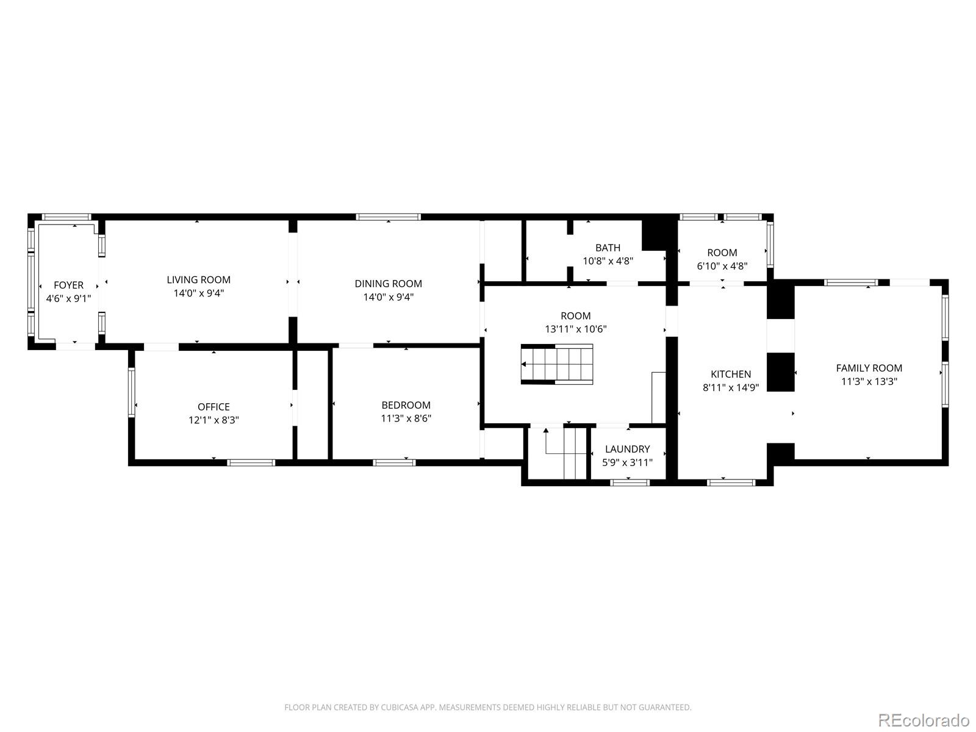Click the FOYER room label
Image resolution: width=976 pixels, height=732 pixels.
[68, 285]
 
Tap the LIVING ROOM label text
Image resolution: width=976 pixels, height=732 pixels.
[198, 279]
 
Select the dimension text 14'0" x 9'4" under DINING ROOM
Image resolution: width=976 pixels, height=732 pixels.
[389, 297]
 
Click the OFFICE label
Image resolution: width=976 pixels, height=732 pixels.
[213, 406]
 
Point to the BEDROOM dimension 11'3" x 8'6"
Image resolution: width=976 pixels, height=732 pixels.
[406, 418]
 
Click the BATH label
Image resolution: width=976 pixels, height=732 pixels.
[608, 247]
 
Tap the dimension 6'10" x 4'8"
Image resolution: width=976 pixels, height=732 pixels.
[722, 266]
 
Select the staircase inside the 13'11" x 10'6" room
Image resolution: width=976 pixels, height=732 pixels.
[557, 364]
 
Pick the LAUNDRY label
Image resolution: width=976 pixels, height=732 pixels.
[627, 449]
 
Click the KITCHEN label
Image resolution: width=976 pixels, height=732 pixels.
[731, 374]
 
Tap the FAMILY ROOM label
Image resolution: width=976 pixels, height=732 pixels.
[869, 368]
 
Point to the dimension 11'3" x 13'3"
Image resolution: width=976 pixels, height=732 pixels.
[869, 382]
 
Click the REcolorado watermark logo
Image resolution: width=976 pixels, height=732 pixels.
[924, 720]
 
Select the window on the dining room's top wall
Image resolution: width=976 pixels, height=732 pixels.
[389, 217]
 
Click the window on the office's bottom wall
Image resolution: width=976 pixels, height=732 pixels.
[251, 462]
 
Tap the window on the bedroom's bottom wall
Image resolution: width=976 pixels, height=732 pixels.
[394, 462]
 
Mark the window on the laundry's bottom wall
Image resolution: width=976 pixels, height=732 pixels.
[630, 483]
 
